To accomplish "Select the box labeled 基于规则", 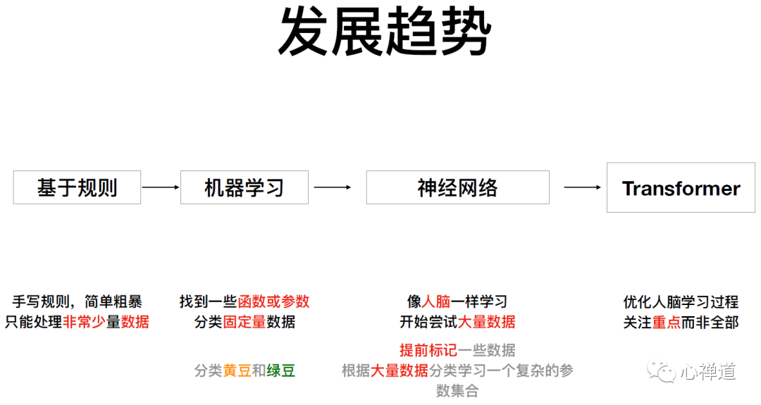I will coord(77,187).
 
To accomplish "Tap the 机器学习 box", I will coord(244,187).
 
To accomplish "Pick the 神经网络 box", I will coord(457,187).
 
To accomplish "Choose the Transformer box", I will coord(681,188).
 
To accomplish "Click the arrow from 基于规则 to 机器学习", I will coord(161,187).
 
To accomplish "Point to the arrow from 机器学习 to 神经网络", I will coord(332,187).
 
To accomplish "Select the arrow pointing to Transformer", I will coord(583,187).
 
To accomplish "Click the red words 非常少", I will coord(85,323).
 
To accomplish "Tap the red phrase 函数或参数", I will coord(273,302).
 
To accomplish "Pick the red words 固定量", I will coord(245,323).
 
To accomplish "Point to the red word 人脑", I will coord(436,302).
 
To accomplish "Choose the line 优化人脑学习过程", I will coord(681,302).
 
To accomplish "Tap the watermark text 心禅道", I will coord(708,371).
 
